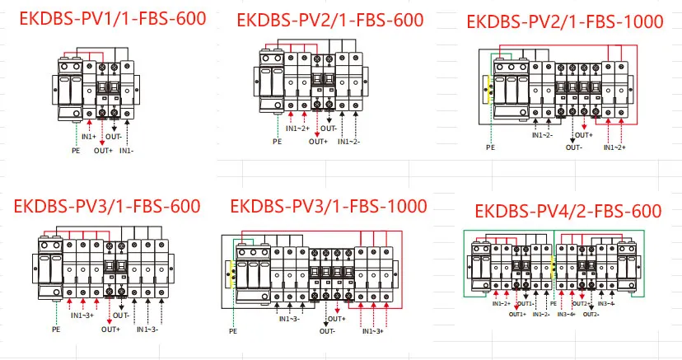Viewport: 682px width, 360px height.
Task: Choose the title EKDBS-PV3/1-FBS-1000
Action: (328, 206)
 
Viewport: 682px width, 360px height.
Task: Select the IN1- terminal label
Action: (126, 151)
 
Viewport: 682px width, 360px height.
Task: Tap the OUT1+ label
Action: (517, 313)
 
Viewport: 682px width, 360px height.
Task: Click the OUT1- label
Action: (527, 304)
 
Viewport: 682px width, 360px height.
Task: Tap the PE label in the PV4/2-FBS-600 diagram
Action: (553, 304)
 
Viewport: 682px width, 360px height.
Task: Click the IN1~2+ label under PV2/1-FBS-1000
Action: (614, 147)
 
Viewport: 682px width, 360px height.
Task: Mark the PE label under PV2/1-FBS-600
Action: (277, 141)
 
